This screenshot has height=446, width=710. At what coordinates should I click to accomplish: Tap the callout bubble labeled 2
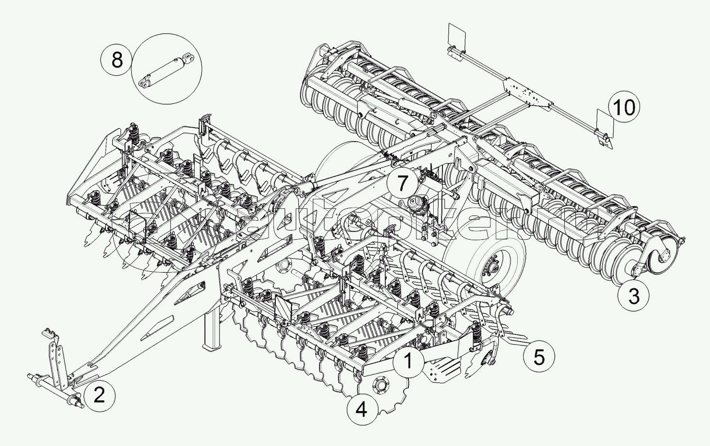coord(99,396)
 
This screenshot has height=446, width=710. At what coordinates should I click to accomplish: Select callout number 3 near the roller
coord(634,296)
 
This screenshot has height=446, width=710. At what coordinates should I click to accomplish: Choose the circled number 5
coord(539,357)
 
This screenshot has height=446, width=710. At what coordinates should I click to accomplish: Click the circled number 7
coord(402,183)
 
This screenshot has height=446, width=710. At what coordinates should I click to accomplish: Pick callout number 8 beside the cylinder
coord(117,61)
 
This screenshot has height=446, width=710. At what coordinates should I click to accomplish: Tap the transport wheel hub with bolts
coord(491,267)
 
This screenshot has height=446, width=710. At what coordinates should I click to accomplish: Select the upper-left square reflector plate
coord(457,35)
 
